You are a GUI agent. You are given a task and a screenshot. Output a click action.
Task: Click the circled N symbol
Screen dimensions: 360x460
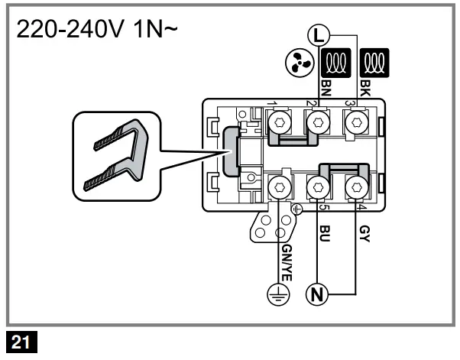click(x=315, y=293)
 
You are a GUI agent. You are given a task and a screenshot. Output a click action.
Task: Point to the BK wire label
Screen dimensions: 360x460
click(x=365, y=89)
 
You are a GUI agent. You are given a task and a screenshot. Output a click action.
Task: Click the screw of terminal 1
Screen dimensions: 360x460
click(x=278, y=121)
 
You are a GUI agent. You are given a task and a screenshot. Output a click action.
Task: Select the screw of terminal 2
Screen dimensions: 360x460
click(x=316, y=121)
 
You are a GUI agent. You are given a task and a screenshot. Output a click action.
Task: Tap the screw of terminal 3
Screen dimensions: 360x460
click(x=354, y=121)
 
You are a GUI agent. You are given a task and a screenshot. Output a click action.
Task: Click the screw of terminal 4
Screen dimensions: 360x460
click(x=354, y=186)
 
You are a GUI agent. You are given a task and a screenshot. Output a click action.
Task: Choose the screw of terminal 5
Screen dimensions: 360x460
click(x=316, y=186)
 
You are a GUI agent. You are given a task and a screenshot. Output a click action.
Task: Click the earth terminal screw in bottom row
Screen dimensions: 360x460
click(x=278, y=186)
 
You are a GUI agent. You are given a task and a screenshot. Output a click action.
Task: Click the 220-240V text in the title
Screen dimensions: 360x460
click(x=66, y=34)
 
